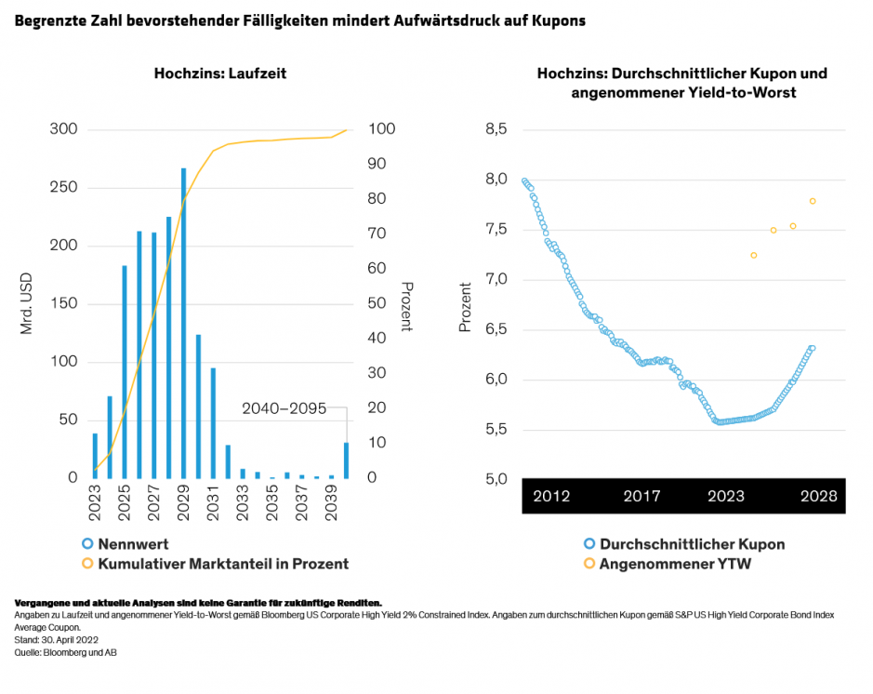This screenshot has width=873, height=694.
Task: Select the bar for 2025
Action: (x=125, y=371)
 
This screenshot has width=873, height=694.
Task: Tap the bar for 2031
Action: (x=213, y=422)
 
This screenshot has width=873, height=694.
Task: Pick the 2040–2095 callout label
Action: (x=284, y=407)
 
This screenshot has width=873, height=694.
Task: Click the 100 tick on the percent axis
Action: (x=380, y=129)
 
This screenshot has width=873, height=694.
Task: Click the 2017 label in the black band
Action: (x=642, y=497)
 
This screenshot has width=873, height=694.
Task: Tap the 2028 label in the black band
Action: (x=818, y=497)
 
